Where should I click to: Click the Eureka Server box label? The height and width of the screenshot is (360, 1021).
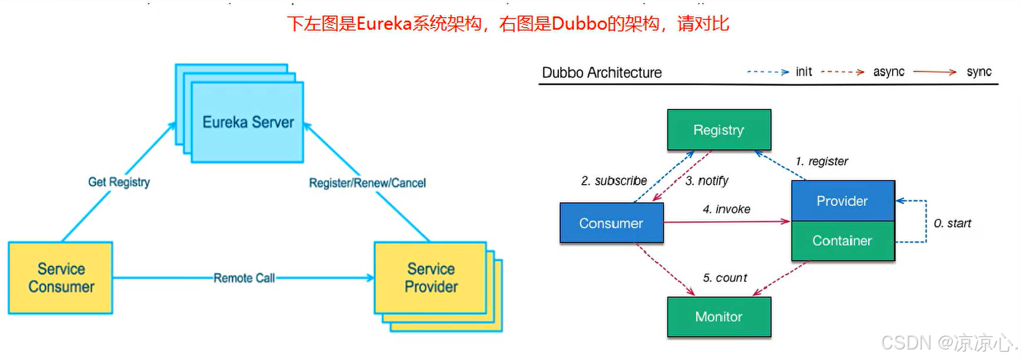click(x=248, y=122)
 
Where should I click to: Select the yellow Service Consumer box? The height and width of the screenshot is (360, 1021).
click(x=61, y=278)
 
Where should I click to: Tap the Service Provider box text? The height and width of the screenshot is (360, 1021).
click(x=431, y=278)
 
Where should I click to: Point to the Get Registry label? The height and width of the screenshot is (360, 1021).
click(x=119, y=182)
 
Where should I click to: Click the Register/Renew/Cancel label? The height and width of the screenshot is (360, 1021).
click(x=367, y=183)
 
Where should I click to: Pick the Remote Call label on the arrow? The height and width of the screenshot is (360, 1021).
click(x=244, y=278)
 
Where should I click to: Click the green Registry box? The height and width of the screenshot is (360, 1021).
click(x=719, y=130)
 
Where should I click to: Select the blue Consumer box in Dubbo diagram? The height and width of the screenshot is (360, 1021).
click(x=611, y=224)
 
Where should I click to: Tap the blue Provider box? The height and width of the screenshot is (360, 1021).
click(x=842, y=201)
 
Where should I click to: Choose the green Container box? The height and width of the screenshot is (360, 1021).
click(x=842, y=241)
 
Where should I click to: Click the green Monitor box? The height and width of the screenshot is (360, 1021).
click(x=719, y=317)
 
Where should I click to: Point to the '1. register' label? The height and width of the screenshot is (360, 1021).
click(x=822, y=161)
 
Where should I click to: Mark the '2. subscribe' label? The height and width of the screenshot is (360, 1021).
click(x=614, y=181)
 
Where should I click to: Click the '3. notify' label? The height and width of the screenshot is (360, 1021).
click(x=707, y=181)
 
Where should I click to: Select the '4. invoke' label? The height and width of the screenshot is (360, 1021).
click(x=726, y=209)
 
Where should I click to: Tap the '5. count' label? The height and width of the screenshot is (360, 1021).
click(x=724, y=278)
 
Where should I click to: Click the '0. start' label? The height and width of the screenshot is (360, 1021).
click(x=952, y=224)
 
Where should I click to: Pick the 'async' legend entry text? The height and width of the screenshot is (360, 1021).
click(x=889, y=72)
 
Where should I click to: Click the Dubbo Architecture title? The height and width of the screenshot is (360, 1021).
click(x=601, y=73)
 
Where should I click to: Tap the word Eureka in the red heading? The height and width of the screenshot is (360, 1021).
click(x=384, y=24)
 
